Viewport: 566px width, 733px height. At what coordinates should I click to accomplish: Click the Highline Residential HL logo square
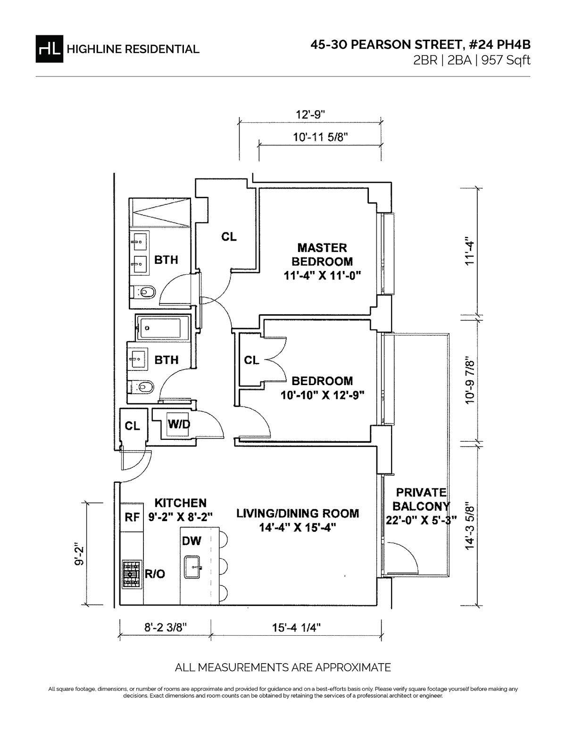49,49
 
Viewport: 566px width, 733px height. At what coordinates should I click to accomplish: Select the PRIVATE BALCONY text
421,499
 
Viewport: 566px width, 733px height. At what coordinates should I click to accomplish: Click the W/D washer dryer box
179,424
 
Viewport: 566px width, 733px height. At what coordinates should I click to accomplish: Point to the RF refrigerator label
132,517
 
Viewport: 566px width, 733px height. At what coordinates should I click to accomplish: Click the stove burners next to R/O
132,574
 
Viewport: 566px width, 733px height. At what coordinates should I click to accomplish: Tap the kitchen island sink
193,567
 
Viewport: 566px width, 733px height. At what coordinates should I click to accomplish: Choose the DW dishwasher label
191,540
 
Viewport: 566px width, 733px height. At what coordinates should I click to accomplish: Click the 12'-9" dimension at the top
311,114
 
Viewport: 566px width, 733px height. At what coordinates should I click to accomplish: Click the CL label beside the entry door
133,426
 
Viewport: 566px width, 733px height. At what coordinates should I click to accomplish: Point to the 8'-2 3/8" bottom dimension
166,628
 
